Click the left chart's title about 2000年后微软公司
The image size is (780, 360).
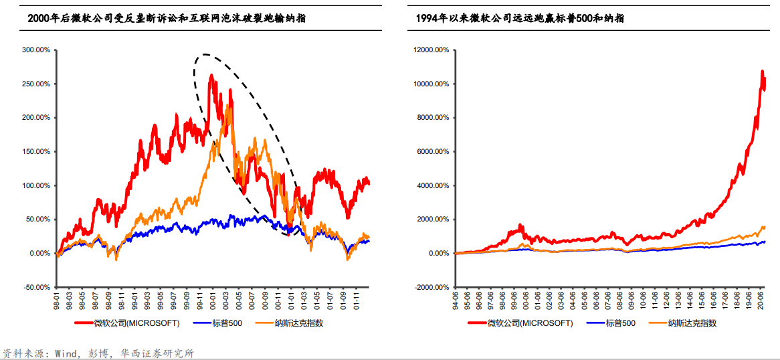[x=167, y=19]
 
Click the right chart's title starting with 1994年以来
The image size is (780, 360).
[x=520, y=19]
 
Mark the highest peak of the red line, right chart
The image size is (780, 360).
[x=762, y=71]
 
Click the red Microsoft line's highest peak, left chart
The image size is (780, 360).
[x=211, y=75]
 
